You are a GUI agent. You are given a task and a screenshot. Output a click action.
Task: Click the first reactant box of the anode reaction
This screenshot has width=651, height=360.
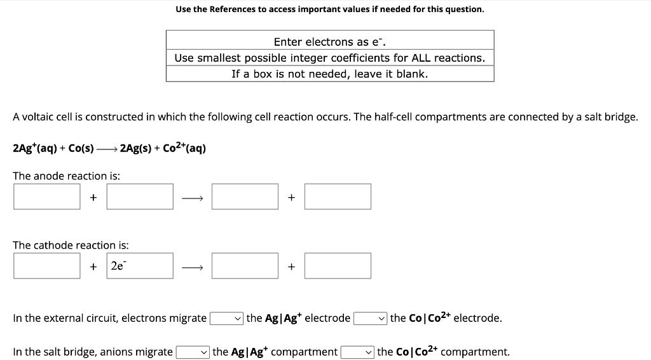pyautogui.click(x=47, y=197)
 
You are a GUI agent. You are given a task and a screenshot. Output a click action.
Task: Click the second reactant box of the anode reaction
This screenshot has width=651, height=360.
pyautogui.click(x=140, y=197)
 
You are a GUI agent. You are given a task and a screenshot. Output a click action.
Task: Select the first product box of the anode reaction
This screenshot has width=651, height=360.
pyautogui.click(x=245, y=197)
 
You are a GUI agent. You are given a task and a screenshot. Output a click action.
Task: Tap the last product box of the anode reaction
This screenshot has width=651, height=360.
pyautogui.click(x=338, y=197)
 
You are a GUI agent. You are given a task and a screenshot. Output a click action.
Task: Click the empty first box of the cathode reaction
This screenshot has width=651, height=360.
pyautogui.click(x=47, y=266)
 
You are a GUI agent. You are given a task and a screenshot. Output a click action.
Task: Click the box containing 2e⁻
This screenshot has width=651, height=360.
pyautogui.click(x=140, y=266)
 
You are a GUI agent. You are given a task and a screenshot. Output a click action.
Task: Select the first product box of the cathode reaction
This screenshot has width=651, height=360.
pyautogui.click(x=245, y=266)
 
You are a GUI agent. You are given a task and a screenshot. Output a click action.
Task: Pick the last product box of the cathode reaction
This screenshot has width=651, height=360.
pyautogui.click(x=338, y=266)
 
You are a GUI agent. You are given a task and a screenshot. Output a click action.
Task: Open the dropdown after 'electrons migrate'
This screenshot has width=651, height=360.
pyautogui.click(x=227, y=318)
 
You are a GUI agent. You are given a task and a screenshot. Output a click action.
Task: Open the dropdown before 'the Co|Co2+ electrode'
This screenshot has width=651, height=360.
pyautogui.click(x=371, y=318)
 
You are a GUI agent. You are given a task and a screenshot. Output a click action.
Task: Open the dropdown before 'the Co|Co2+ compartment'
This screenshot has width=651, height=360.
pyautogui.click(x=357, y=352)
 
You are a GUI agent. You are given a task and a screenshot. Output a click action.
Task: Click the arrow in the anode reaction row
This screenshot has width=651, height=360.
pyautogui.click(x=192, y=198)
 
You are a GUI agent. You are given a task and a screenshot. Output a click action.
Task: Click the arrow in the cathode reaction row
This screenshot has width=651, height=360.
pyautogui.click(x=192, y=267)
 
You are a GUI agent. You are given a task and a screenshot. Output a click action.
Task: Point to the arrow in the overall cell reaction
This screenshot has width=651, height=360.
pyautogui.click(x=107, y=149)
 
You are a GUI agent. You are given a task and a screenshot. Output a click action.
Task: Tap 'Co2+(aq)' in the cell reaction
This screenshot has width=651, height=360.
pyautogui.click(x=184, y=148)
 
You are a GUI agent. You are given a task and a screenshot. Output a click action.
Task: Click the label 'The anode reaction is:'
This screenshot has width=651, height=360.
pyautogui.click(x=67, y=176)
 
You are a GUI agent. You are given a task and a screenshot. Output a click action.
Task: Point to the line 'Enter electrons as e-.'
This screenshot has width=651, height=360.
pyautogui.click(x=329, y=42)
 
